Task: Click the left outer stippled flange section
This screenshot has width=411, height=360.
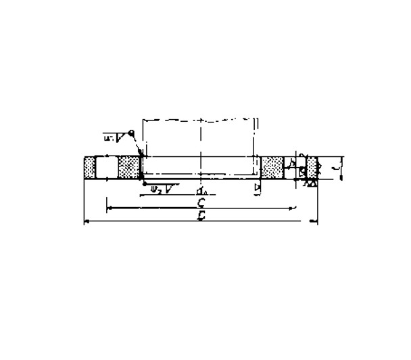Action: coord(89,166)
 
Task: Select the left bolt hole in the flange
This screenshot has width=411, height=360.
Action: coord(107,166)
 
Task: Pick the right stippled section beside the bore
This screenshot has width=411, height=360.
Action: coord(272,166)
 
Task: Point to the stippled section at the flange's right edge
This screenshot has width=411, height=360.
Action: coord(312,166)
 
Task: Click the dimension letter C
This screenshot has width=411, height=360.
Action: coord(201,202)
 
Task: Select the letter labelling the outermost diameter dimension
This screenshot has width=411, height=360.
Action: coord(201,217)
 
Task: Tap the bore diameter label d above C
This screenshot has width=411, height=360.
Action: coord(201,191)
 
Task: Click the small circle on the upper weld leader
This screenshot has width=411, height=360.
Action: coord(132,133)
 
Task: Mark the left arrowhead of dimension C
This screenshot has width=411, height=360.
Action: coord(109,207)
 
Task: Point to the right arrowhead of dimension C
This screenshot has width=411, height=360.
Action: coord(294,207)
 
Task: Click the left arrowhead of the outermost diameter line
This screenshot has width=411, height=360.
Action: coord(86,221)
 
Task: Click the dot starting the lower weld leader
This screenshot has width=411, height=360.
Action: coord(144,183)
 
